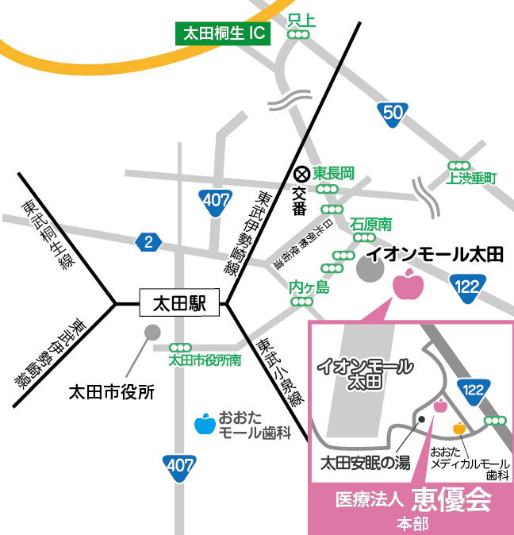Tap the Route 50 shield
(393, 113)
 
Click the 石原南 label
(371, 225)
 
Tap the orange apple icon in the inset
(458, 429)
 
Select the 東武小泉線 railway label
(280, 372)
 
